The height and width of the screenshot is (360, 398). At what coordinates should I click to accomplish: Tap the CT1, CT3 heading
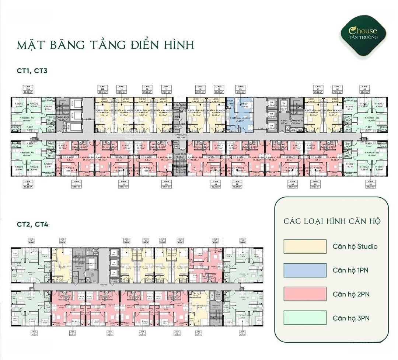pos(32,70)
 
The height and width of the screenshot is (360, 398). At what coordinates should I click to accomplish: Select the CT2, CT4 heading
pos(32,224)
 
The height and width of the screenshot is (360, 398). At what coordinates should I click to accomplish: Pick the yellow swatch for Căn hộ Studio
pos(305,246)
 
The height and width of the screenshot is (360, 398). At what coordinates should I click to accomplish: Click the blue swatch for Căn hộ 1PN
pos(305,270)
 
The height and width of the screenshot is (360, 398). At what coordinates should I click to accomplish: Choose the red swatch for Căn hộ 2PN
pos(305,294)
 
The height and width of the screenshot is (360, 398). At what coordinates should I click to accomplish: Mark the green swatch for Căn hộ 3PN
pos(305,318)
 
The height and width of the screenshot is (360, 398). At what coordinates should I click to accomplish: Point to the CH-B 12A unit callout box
pos(27,89)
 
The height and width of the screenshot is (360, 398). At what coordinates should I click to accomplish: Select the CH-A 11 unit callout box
pos(76,184)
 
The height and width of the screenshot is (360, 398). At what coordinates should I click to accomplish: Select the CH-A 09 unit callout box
pos(167,184)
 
